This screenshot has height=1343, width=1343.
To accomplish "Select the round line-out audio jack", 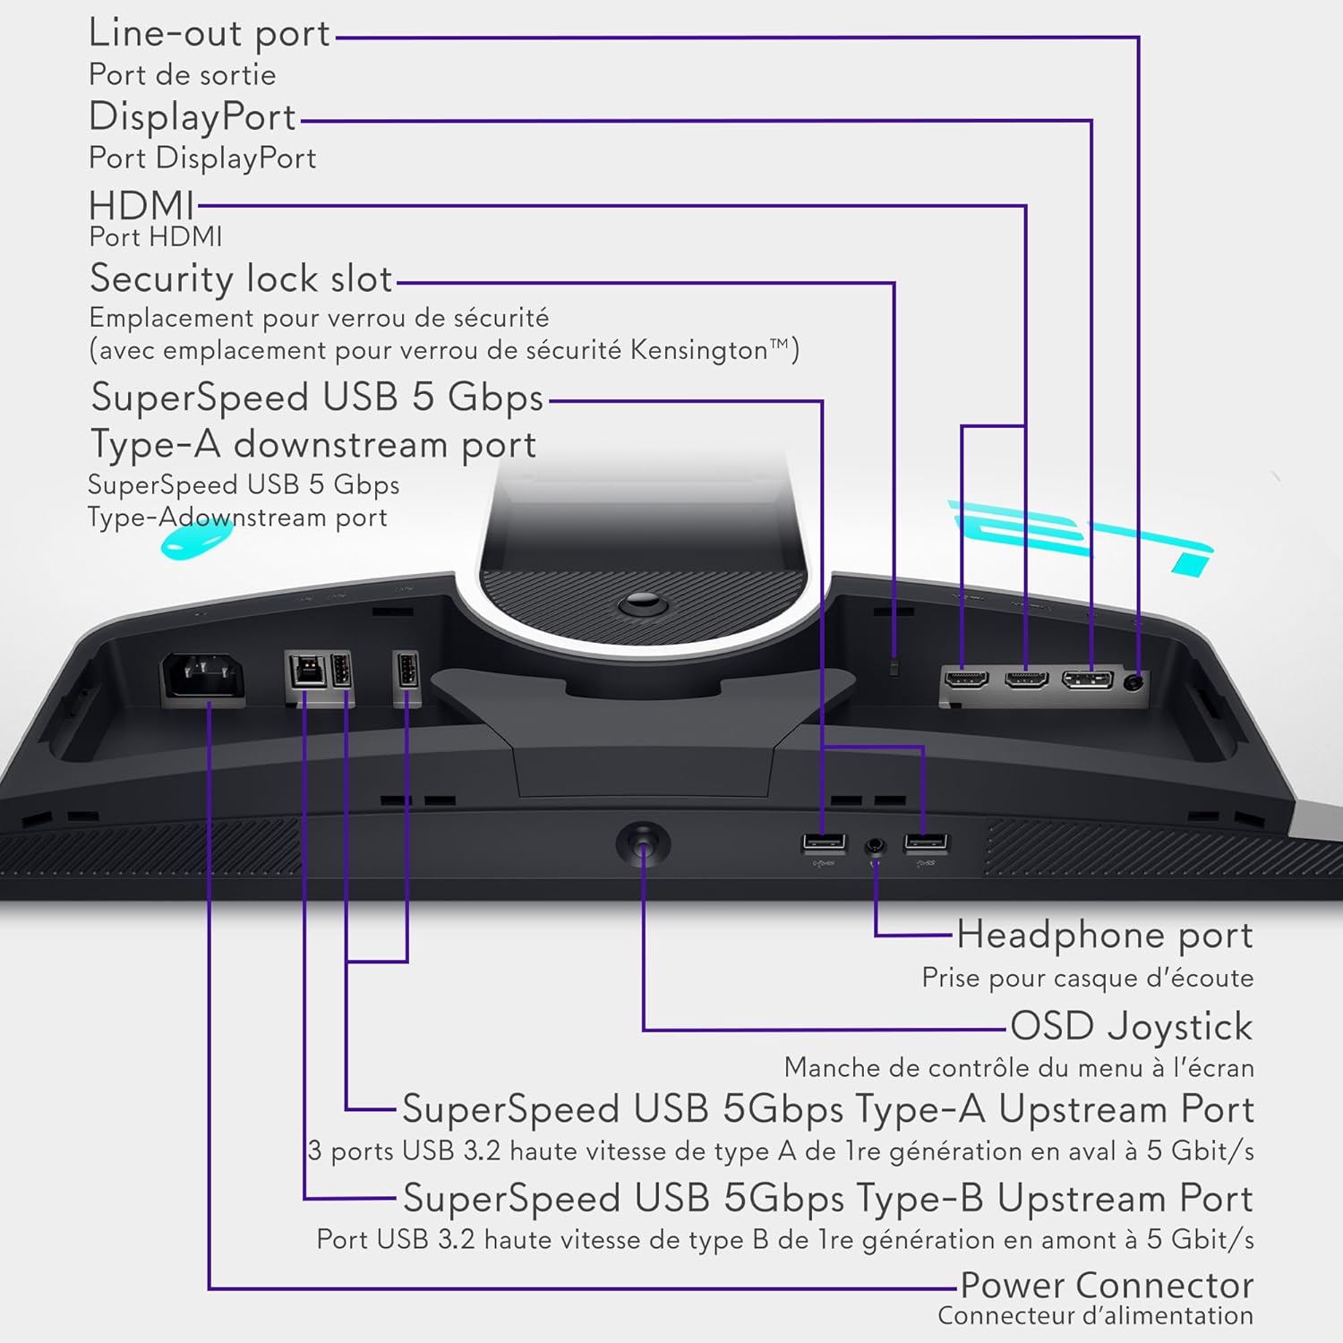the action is coord(1135,680).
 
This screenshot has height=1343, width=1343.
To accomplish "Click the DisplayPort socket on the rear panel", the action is coord(1088,680).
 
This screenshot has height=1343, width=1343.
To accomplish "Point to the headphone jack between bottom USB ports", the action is coord(875,846).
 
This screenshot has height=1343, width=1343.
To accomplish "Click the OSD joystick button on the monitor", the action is coord(643,843).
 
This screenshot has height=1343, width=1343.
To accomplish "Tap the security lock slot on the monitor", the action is coord(895,667).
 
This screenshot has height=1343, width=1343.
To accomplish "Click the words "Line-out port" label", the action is coord(210,33).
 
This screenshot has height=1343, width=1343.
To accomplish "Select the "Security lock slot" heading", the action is coord(242,278).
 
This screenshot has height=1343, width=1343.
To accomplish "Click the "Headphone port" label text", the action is coord(1105,936).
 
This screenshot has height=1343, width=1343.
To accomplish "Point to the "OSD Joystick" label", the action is coord(1132,1026).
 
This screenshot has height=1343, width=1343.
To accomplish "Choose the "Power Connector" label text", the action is coord(1107,1285).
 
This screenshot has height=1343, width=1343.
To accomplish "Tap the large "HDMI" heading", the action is coord(141,206).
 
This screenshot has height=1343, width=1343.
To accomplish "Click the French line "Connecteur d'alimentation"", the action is coord(1096,1316).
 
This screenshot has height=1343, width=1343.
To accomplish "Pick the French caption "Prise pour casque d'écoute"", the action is coord(1088,978).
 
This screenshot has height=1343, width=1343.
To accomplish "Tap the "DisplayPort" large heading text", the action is coord(192,117).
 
